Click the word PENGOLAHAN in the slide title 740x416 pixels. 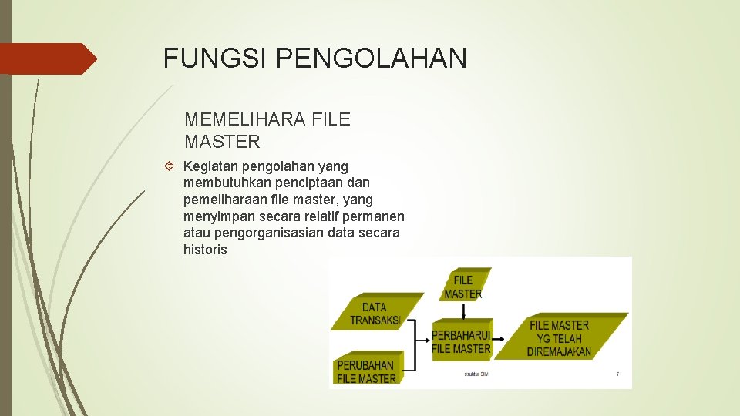(x=370, y=59)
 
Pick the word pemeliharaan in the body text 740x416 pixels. (x=223, y=200)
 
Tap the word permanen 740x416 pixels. (x=375, y=216)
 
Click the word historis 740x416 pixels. (x=205, y=250)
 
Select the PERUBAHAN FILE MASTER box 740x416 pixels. (x=366, y=371)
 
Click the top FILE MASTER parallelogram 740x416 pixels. (x=463, y=286)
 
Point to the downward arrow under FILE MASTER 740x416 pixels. (x=462, y=310)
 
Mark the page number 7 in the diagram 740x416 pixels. (x=617, y=374)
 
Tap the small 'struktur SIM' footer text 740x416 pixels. (x=476, y=374)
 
